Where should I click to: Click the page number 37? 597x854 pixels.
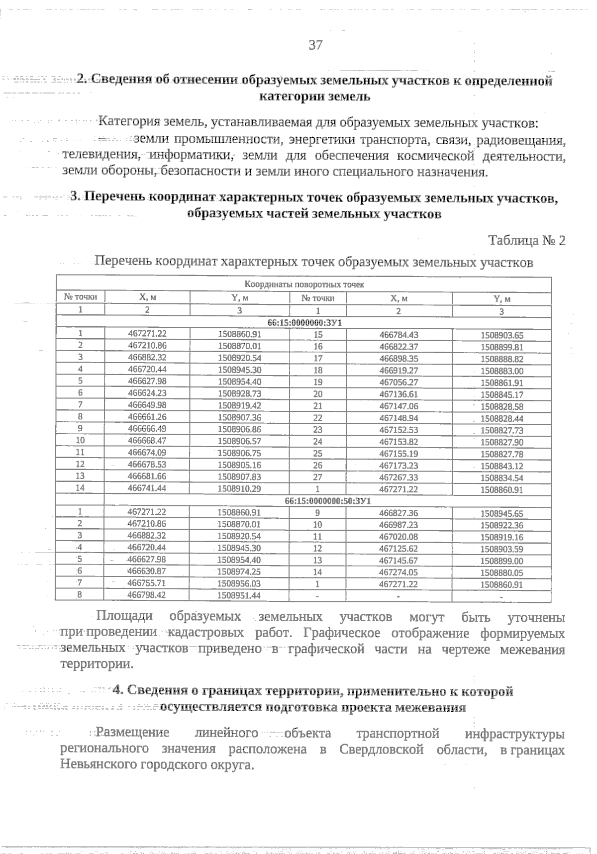click(316, 45)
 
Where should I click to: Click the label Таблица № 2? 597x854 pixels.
click(527, 241)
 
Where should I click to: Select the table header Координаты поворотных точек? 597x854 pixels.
click(304, 285)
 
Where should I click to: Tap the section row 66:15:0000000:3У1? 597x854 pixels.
click(304, 323)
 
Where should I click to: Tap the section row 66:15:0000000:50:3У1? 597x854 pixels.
click(328, 501)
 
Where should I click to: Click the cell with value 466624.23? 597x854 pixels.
click(147, 393)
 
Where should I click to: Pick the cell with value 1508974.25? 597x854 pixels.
click(239, 572)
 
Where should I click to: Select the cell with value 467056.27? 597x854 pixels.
click(398, 382)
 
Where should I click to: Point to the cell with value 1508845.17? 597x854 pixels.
click(501, 395)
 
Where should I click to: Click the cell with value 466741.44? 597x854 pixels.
click(147, 489)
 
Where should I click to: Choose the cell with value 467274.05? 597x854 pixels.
click(398, 572)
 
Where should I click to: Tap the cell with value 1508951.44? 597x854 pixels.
click(239, 595)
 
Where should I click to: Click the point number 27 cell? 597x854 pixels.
click(318, 477)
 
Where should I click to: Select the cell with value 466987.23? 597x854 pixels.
click(398, 525)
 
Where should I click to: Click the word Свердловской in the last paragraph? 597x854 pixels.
click(382, 750)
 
